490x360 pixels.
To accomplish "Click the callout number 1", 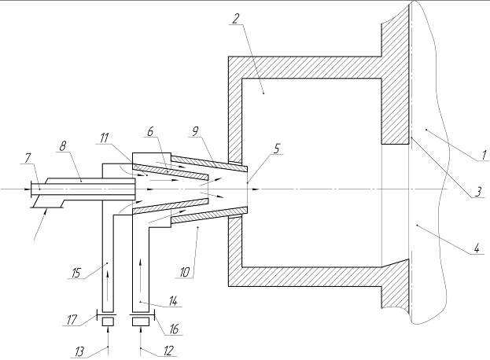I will coord(477,156).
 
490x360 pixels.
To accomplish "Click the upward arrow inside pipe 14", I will coord(142,279).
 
